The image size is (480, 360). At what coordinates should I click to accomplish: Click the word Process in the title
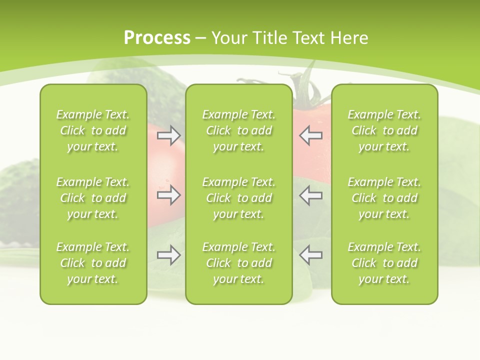click(157, 38)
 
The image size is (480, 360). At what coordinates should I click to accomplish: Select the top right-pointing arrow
click(168, 135)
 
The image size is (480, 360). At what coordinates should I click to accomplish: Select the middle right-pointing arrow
click(168, 195)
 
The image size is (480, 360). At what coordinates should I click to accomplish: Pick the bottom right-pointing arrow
click(168, 255)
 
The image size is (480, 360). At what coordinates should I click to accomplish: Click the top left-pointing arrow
click(310, 135)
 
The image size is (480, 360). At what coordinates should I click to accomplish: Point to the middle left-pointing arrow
click(310, 195)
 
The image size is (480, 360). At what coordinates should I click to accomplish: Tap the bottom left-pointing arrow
click(310, 255)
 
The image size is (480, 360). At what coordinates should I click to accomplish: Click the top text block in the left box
click(93, 130)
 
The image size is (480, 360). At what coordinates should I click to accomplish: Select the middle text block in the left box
click(93, 198)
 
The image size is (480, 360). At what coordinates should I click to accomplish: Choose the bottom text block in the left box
click(93, 263)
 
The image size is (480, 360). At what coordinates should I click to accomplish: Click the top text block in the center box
click(238, 130)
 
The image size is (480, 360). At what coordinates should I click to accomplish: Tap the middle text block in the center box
click(238, 198)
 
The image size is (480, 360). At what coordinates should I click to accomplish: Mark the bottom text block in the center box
click(238, 263)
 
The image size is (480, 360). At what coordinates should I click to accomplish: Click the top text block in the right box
click(384, 130)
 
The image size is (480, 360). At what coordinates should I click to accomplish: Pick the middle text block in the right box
click(384, 198)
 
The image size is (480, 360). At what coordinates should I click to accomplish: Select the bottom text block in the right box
click(384, 263)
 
